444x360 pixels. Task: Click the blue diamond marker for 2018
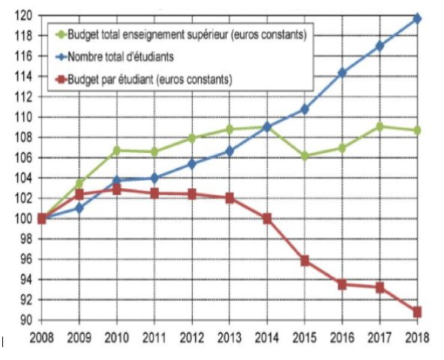click(417, 18)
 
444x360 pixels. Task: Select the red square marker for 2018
click(417, 311)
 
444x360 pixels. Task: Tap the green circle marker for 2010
click(116, 150)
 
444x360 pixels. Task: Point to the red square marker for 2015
click(304, 260)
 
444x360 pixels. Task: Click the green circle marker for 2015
click(304, 156)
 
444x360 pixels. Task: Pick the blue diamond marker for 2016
click(342, 73)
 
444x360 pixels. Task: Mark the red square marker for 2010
click(116, 190)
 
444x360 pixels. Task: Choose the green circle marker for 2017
click(379, 126)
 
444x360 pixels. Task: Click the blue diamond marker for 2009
click(79, 207)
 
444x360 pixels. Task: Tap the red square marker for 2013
click(229, 198)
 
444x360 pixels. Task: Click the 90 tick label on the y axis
click(26, 320)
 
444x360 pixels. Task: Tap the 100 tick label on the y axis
click(24, 218)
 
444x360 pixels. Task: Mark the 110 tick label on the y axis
click(24, 117)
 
